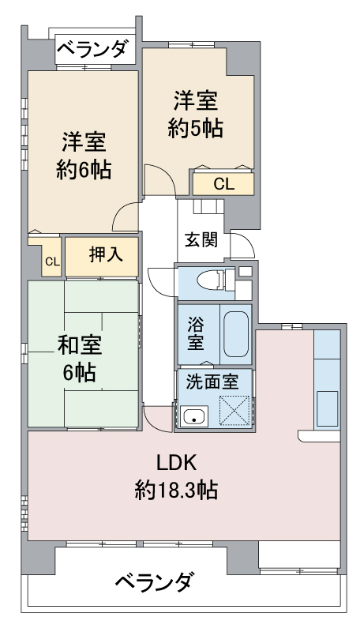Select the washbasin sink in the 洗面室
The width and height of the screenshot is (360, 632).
(194, 416)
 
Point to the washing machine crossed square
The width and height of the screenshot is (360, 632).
(234, 410)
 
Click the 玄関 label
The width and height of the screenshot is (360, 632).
(201, 240)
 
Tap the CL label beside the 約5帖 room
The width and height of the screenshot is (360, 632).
(223, 185)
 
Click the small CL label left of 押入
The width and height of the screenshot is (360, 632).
(52, 262)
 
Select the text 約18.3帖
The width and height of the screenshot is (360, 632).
(176, 490)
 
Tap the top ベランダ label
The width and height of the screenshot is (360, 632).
(94, 50)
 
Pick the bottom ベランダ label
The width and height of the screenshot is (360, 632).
(153, 581)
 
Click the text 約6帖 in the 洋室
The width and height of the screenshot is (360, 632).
(84, 169)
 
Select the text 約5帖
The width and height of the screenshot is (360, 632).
(196, 129)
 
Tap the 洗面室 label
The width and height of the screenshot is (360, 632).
(212, 382)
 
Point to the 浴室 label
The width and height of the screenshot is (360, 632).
(196, 333)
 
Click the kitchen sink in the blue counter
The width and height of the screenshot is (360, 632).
(327, 408)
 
